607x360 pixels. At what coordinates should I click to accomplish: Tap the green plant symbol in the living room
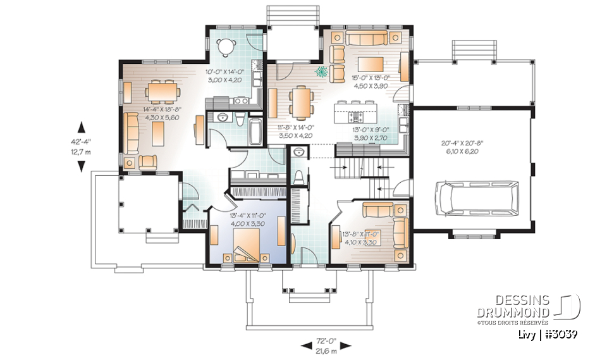[322, 72]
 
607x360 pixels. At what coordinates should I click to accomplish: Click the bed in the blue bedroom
[246, 244]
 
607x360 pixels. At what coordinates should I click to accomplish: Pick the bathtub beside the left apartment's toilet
[255, 129]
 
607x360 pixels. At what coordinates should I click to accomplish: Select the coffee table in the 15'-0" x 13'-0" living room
[371, 65]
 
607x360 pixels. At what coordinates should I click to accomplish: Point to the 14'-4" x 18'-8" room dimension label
[152, 113]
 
